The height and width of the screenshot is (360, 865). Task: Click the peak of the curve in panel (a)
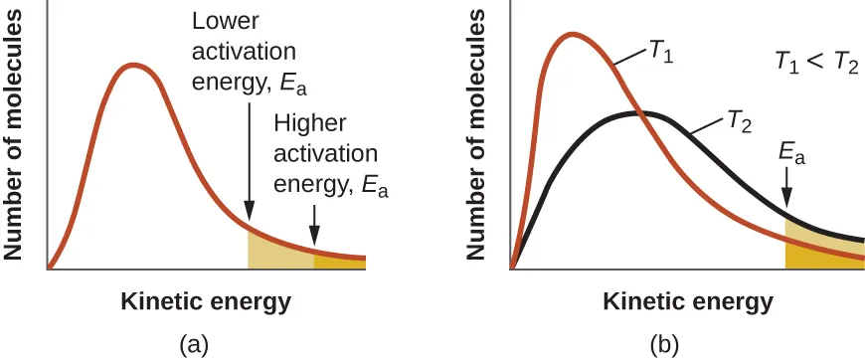pyautogui.click(x=133, y=66)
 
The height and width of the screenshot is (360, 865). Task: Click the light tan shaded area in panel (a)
pyautogui.click(x=278, y=253)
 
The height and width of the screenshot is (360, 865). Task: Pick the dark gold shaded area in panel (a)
pyautogui.click(x=340, y=262)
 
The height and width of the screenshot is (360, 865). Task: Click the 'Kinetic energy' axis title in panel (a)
pyautogui.click(x=206, y=301)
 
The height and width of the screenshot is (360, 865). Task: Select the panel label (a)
pyautogui.click(x=193, y=344)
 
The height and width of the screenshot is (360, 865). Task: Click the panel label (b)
pyautogui.click(x=664, y=344)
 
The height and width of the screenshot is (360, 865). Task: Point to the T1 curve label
pyautogui.click(x=661, y=55)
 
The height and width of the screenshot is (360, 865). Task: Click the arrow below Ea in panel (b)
pyautogui.click(x=786, y=189)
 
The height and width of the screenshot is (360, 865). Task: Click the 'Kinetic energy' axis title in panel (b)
pyautogui.click(x=687, y=301)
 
